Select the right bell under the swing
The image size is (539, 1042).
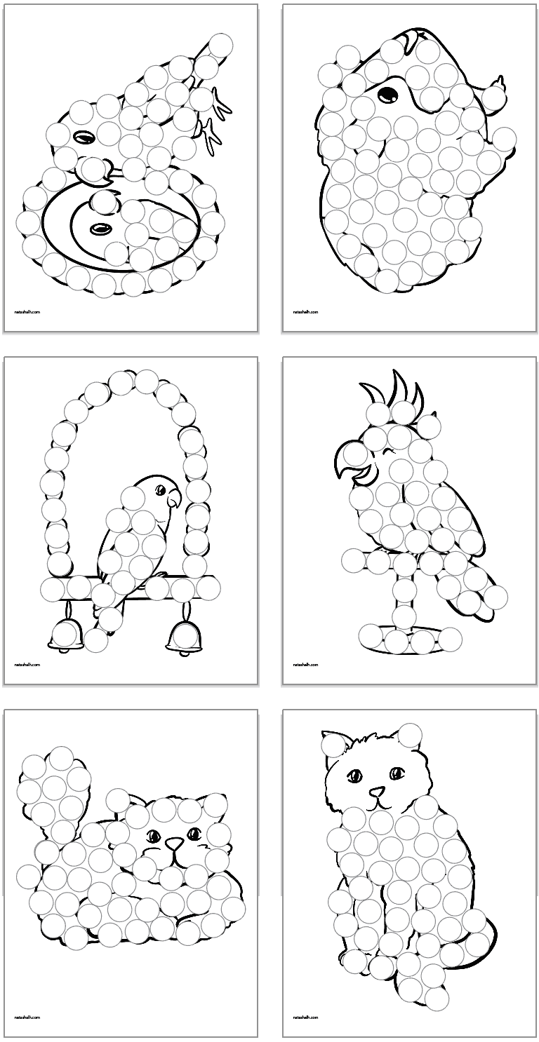click(182, 636)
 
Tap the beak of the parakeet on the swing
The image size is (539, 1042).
click(173, 500)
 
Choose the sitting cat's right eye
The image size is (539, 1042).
click(397, 774)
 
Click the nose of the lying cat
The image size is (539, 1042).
click(173, 846)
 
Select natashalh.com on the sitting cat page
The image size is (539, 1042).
click(305, 1017)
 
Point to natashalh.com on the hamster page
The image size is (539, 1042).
click(305, 311)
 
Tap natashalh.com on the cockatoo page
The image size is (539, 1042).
click(305, 664)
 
